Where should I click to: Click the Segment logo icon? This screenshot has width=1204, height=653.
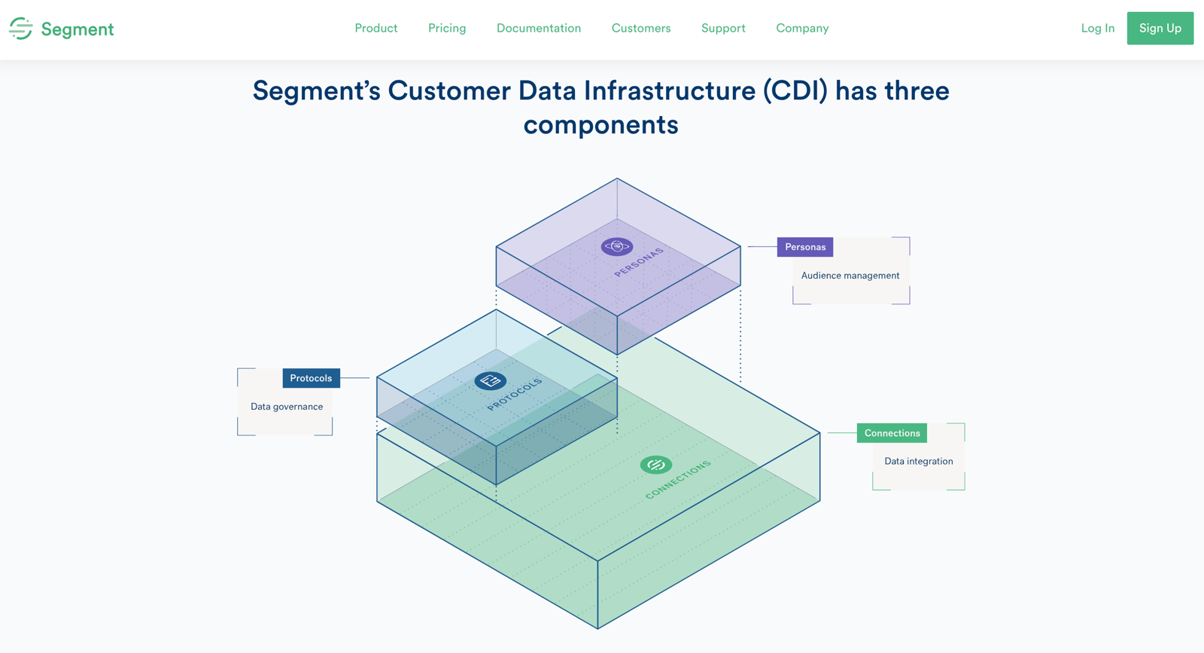click(x=21, y=29)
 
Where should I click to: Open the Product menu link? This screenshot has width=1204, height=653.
click(x=375, y=29)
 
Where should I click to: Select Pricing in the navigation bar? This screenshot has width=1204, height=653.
click(x=447, y=29)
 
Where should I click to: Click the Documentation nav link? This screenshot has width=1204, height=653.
click(x=539, y=29)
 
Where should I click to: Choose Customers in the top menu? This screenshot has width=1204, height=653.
click(x=641, y=29)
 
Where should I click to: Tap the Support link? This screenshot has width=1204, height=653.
click(x=723, y=29)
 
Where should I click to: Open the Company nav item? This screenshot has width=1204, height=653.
click(x=802, y=29)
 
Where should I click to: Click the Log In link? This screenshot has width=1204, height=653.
click(x=1097, y=29)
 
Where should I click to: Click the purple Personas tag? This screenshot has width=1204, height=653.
click(x=805, y=247)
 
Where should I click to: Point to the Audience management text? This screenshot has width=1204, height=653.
click(x=850, y=276)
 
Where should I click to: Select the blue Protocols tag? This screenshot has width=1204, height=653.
click(x=311, y=378)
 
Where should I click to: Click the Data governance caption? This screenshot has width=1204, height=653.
click(x=287, y=407)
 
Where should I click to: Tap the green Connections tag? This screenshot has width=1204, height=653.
click(x=892, y=433)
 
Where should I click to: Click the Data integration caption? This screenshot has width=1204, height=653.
click(x=918, y=461)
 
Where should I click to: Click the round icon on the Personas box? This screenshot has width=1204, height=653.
click(x=617, y=246)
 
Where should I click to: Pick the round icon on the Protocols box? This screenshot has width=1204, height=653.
click(x=491, y=381)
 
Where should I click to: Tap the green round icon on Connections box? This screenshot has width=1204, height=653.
click(x=656, y=465)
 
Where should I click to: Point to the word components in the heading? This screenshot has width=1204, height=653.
click(x=600, y=125)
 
